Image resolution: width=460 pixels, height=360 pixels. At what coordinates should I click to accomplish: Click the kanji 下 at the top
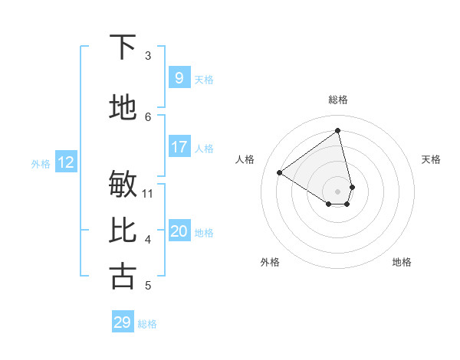123,47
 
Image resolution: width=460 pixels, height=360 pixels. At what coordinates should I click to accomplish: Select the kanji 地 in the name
123,107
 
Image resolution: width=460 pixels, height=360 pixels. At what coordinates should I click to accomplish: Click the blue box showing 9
179,78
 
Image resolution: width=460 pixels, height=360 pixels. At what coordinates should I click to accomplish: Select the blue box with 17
179,147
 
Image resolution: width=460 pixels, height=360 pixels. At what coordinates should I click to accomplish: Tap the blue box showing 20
179,232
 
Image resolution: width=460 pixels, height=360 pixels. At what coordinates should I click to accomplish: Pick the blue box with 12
66,162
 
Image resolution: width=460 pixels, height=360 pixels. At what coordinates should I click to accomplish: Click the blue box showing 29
123,322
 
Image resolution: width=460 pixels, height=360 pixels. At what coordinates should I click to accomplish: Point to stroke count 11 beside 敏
149,193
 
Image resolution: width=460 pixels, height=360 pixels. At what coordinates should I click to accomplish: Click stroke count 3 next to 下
148,56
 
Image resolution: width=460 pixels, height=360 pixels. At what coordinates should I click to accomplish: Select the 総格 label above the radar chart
338,100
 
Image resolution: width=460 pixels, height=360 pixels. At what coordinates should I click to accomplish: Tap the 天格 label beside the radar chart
431,159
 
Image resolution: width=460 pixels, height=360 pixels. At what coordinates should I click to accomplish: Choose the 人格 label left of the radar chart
245,159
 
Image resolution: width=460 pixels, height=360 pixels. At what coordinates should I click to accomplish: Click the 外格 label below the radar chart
270,262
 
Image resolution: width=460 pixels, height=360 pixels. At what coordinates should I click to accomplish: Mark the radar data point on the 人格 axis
280,173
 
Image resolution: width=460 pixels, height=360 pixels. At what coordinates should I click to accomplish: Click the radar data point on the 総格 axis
338,131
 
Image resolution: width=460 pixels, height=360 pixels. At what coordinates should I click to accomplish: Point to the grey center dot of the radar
338,191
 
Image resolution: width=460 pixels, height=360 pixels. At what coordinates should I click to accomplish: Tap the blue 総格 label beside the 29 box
148,324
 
